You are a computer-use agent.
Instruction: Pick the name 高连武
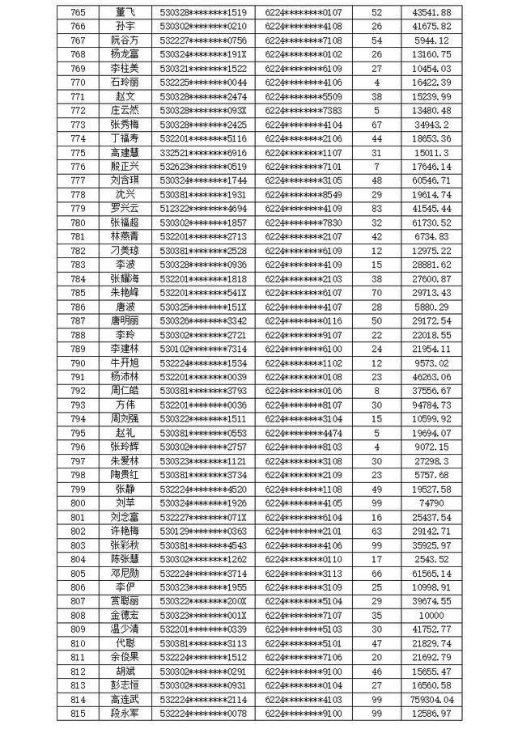click(x=125, y=699)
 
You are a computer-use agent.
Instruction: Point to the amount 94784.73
click(x=431, y=405)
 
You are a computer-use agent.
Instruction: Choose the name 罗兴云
click(x=125, y=209)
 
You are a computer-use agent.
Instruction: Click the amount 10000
click(x=431, y=615)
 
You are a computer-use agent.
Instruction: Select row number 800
click(x=79, y=503)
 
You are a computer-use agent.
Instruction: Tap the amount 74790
click(x=431, y=503)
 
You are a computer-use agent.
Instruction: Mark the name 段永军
click(x=125, y=713)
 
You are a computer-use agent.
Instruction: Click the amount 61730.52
click(x=431, y=222)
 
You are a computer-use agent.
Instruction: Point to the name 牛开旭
click(x=125, y=362)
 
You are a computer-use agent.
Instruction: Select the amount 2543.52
click(x=431, y=559)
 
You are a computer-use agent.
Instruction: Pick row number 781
click(x=79, y=236)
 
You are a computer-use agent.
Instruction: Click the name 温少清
click(x=125, y=629)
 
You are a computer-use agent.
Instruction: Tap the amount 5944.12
click(x=431, y=40)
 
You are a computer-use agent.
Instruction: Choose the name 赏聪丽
click(x=125, y=601)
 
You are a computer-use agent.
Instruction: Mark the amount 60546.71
click(x=431, y=180)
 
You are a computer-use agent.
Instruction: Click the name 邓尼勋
click(x=125, y=573)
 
